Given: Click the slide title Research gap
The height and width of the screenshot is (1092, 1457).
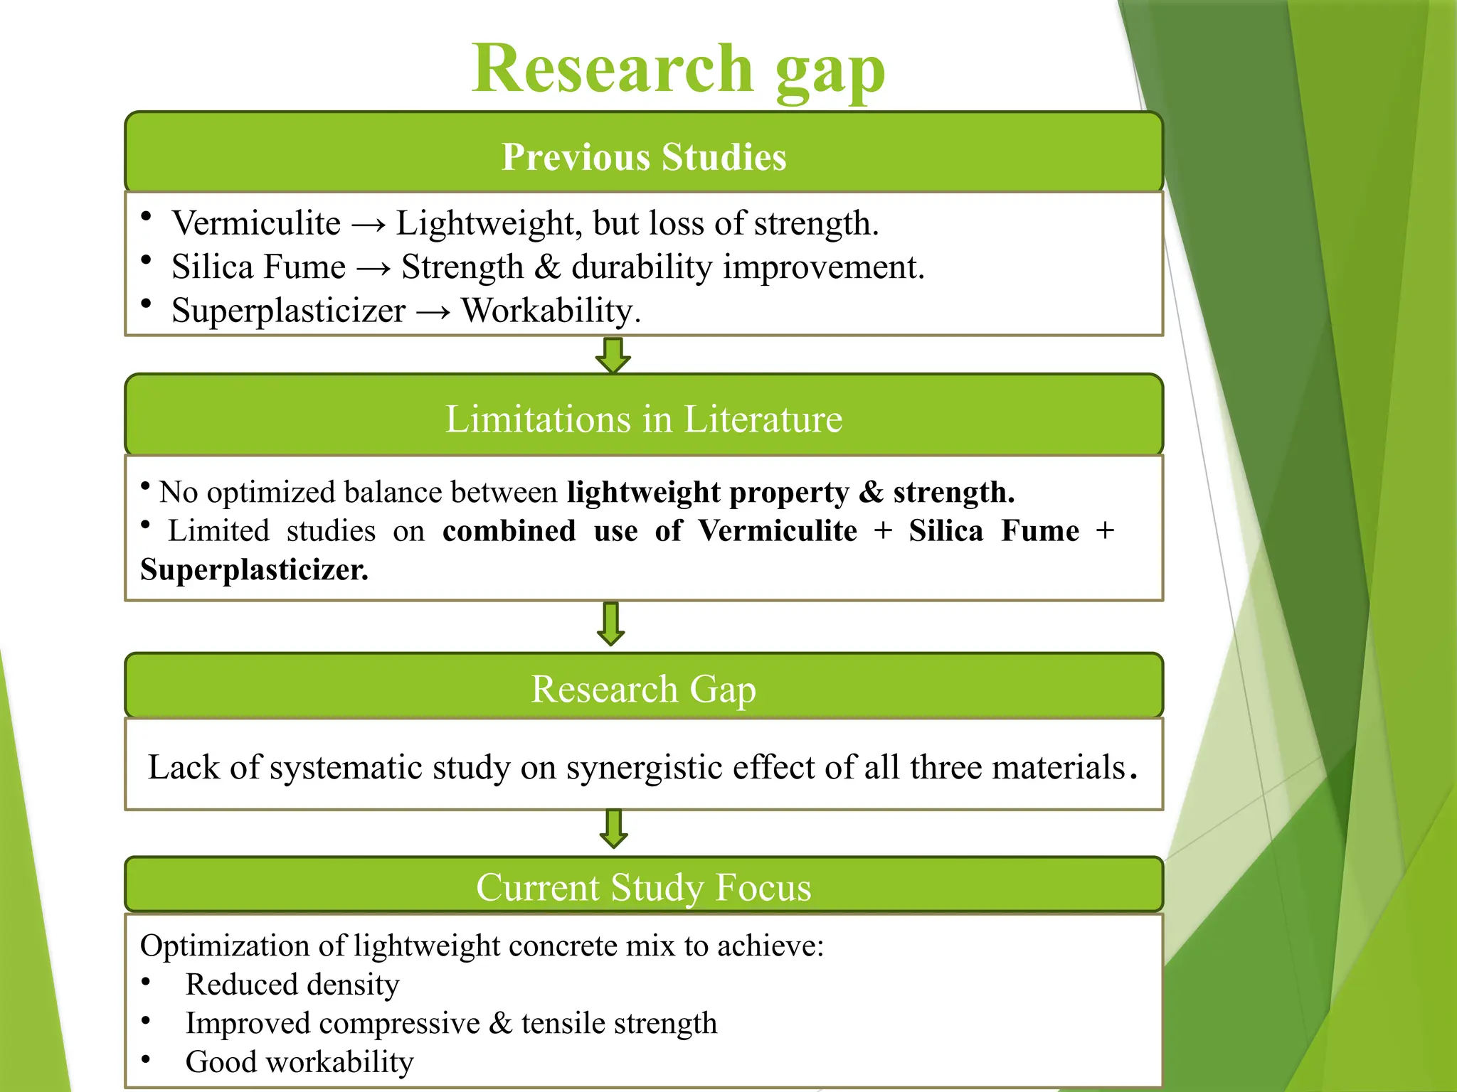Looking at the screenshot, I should pos(678,70).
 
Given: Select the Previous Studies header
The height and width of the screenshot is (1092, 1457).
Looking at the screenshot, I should pos(644,156).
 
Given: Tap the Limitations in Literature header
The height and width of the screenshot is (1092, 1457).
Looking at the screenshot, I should pos(644,419).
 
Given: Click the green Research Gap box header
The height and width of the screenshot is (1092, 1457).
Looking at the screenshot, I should pos(644,688).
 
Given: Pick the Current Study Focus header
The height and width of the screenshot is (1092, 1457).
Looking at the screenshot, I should pos(644,887).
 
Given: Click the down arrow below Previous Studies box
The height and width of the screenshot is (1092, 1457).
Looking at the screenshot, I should pos(613,355).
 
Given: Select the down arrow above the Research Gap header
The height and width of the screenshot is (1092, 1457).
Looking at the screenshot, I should pos(611,623).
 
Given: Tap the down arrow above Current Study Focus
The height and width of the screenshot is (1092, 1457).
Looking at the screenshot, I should pos(613,828).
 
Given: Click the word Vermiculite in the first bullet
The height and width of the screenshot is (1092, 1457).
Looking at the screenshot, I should pos(256,223).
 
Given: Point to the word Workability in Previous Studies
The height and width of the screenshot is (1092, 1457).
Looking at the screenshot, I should pos(550,311).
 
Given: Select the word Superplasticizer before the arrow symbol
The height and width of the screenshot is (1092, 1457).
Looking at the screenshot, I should pos(288,311).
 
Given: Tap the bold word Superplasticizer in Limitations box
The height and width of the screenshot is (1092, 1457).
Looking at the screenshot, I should pos(254,570).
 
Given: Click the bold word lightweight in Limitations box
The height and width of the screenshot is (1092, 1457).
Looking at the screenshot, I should pos(644,492).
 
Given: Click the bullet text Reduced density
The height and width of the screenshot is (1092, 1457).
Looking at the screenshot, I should pos(292,985).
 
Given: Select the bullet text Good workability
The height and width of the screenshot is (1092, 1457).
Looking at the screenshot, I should pos(300,1062).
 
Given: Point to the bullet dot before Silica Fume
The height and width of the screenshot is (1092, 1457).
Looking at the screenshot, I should pos(146,260).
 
